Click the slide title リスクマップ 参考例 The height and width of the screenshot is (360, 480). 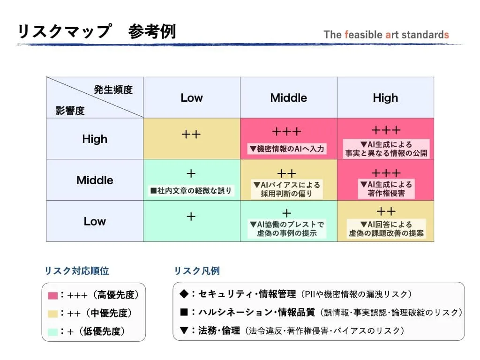click(97, 31)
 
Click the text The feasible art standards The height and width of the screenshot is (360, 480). click(386, 35)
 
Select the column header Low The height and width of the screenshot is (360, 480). click(192, 97)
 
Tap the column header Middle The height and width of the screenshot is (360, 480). click(288, 97)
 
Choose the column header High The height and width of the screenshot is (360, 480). click(385, 97)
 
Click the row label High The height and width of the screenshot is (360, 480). click(95, 139)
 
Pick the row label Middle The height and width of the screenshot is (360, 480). click(95, 180)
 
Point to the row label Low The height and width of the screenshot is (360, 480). click(95, 221)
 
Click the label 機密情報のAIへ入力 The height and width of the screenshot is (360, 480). click(287, 149)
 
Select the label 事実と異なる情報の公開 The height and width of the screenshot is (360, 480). click(386, 149)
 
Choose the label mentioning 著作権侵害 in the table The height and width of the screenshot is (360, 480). click(386, 189)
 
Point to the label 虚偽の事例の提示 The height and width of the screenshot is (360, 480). click(287, 229)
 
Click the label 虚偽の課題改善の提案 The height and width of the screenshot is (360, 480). click(386, 229)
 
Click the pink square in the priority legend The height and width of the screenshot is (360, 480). click(53, 296)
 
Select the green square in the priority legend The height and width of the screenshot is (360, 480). click(53, 332)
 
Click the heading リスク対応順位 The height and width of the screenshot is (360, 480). click(76, 270)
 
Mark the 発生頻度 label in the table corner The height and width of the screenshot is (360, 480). click(113, 90)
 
